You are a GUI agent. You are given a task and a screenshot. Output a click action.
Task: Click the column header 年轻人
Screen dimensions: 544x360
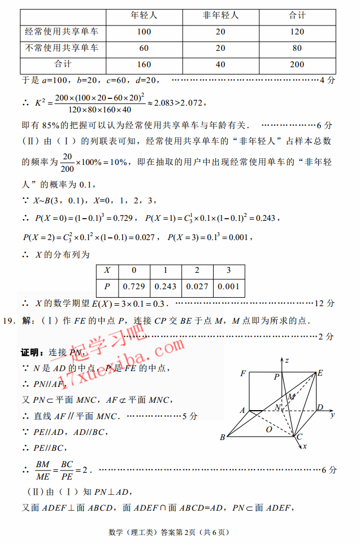point(144,15)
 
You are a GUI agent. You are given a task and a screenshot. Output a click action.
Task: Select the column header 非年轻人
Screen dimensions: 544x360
point(221,15)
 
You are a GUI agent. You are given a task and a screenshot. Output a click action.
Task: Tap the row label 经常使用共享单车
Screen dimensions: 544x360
point(62,32)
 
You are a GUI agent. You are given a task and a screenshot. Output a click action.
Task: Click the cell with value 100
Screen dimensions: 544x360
point(144,32)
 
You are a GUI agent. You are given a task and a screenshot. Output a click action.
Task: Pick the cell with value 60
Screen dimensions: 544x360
point(144,48)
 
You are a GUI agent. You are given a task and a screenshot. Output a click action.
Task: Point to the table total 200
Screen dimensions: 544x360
point(297,64)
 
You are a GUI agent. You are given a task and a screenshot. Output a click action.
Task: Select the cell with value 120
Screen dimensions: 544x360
point(297,32)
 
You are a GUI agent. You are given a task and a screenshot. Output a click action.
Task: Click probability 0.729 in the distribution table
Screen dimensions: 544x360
point(135,286)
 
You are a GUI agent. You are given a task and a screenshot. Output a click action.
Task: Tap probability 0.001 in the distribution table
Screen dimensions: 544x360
point(229,286)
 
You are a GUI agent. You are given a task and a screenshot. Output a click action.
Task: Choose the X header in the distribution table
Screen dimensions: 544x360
point(107,270)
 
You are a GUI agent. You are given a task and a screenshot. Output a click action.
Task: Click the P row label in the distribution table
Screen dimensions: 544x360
point(107,286)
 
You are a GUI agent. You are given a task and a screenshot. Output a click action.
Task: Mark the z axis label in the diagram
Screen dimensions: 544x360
point(287,360)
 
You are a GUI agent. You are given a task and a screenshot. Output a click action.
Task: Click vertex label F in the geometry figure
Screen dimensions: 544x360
point(243,373)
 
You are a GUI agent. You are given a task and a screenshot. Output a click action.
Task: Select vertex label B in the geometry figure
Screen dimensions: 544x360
point(223,437)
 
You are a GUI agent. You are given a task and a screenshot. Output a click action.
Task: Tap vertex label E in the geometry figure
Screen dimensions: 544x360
point(320,373)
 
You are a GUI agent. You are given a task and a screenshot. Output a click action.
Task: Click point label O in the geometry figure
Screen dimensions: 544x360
point(269,430)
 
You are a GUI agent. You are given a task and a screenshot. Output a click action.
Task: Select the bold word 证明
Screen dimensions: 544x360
point(32,352)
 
